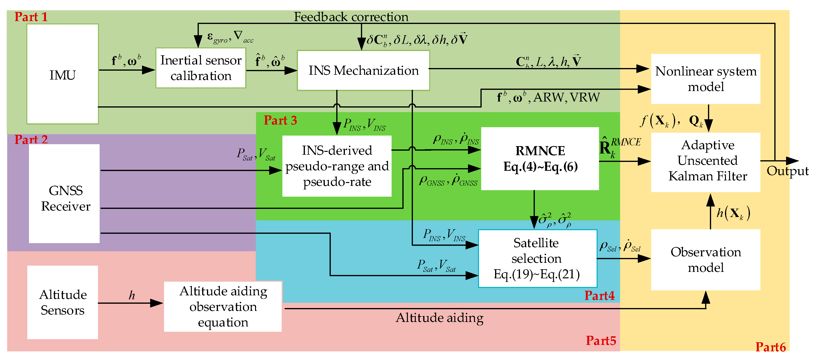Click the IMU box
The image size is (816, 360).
(63, 74)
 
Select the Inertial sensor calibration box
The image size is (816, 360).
(201, 68)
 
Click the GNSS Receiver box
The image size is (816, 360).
(64, 193)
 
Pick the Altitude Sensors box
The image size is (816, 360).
(63, 302)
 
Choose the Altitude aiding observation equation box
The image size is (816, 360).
(223, 306)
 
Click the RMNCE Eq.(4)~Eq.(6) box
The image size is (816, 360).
(540, 159)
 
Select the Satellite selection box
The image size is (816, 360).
(537, 258)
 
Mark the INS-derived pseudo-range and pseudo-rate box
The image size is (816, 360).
(337, 166)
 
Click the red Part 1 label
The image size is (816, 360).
(31, 17)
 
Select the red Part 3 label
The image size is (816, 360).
(280, 120)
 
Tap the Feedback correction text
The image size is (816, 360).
(351, 17)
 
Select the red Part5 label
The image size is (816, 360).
(601, 341)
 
